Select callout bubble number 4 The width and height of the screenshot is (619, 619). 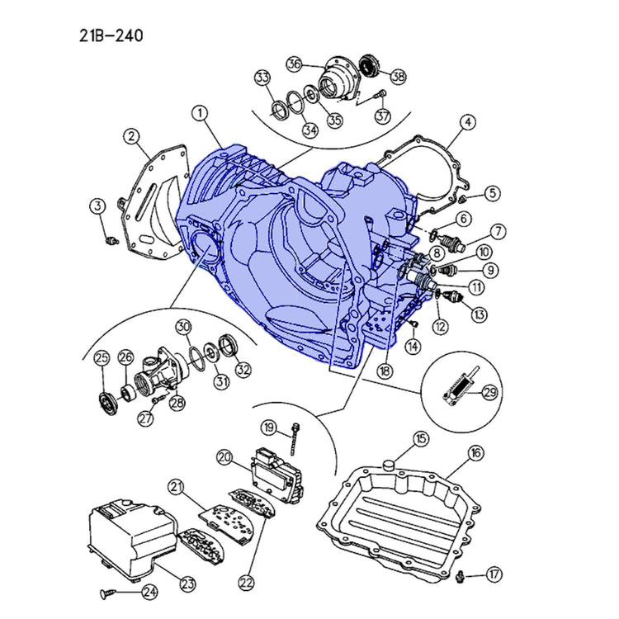click(467, 123)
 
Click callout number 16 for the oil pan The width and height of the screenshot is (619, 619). click(476, 452)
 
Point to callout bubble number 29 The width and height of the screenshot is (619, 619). click(489, 392)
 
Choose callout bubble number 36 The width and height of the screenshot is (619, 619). click(295, 64)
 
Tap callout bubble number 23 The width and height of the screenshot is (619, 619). click(188, 584)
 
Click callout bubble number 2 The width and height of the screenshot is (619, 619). click(130, 135)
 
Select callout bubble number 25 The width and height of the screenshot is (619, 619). click(102, 358)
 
